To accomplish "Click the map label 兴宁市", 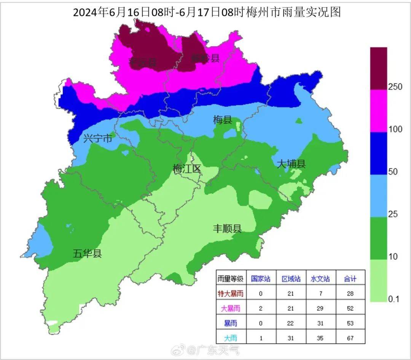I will (98, 139).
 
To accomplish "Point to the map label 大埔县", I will (291, 164).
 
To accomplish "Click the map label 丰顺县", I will (227, 229).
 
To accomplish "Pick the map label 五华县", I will (87, 253).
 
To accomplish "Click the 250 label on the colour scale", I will (395, 87).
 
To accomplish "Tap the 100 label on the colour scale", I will (395, 130).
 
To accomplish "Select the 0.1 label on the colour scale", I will (393, 299).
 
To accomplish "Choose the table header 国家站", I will (261, 279).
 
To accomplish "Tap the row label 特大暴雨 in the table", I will (230, 294).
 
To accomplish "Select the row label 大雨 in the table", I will (230, 338).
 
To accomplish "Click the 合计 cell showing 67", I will (350, 338).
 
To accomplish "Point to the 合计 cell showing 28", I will (350, 294).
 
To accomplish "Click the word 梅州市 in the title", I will (263, 12).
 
